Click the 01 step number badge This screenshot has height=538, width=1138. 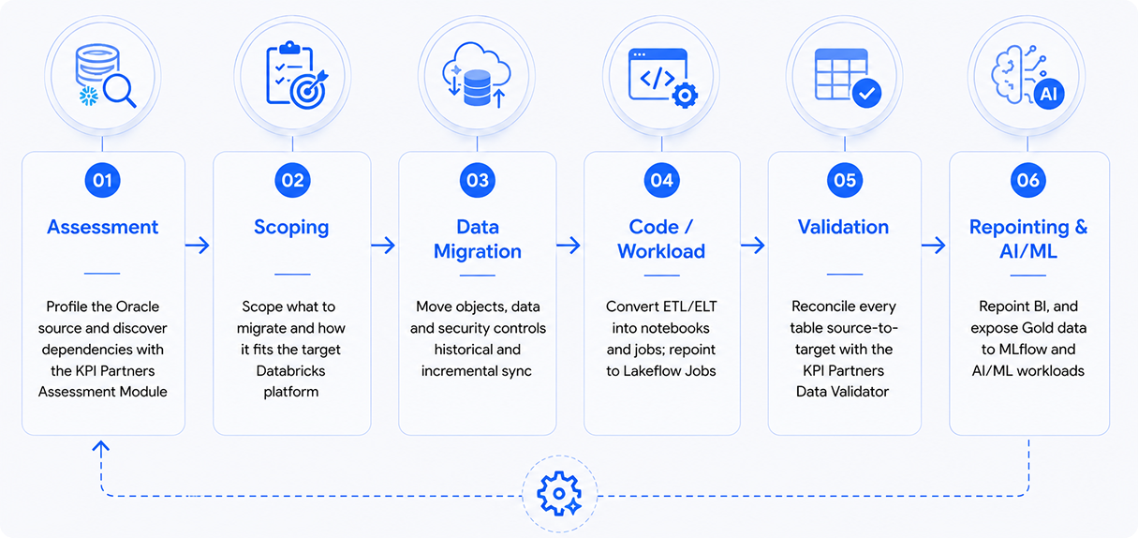point(102,180)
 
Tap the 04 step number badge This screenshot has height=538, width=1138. point(661,180)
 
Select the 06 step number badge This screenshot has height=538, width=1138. point(1027,180)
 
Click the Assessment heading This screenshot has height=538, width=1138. point(103,227)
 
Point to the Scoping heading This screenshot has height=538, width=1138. point(291,228)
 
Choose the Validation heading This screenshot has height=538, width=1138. point(843,227)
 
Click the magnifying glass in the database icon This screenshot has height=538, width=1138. point(119,92)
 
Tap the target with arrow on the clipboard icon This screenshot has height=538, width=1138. point(309,90)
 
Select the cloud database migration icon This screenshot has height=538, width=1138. point(477,75)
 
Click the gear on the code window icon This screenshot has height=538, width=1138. point(685,95)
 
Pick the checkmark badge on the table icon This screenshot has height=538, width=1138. point(866,93)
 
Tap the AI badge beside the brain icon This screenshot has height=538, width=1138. point(1049,94)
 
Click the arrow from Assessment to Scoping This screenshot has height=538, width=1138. point(198,246)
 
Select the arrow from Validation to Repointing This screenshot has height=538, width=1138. point(934,246)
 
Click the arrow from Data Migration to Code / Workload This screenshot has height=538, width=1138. point(569,246)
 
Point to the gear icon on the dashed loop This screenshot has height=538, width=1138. point(559,493)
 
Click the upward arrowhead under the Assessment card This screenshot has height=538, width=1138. point(100,446)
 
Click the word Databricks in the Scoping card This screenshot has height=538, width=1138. point(290,371)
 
